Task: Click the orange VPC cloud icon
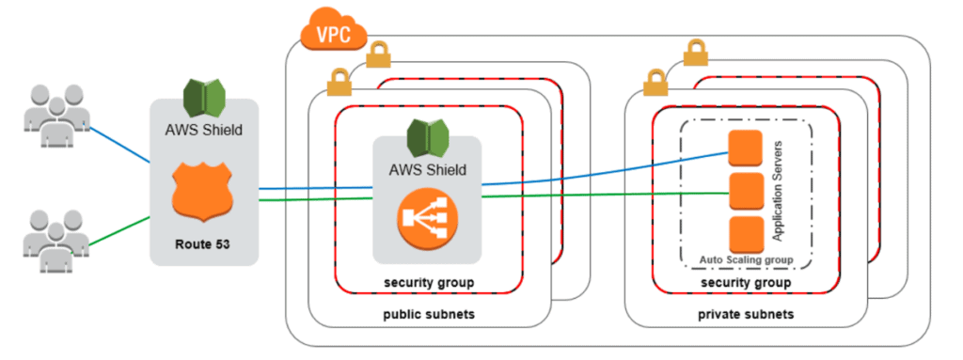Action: coord(328,34)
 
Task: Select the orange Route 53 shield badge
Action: coord(202,195)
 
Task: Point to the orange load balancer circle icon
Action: coord(427,219)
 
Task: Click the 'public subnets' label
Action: coord(428,314)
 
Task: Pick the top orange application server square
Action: coord(744,148)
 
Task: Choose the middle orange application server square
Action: coord(744,191)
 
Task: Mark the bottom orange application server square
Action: coord(744,232)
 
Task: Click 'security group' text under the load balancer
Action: coord(428,282)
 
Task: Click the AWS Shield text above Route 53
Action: coord(203,131)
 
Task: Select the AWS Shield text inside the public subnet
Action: coord(428,171)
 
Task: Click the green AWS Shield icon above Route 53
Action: coord(202,98)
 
